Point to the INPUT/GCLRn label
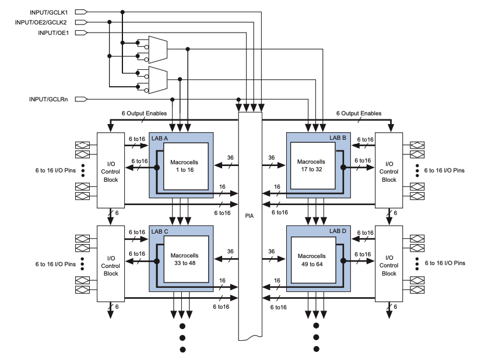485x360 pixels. click(x=48, y=99)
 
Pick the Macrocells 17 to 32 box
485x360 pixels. click(x=312, y=165)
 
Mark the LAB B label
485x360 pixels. click(x=338, y=137)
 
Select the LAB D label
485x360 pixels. click(x=338, y=231)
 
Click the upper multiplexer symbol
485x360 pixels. click(x=157, y=48)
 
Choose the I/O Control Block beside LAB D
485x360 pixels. click(x=389, y=263)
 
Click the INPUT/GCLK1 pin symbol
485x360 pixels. click(x=81, y=12)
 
